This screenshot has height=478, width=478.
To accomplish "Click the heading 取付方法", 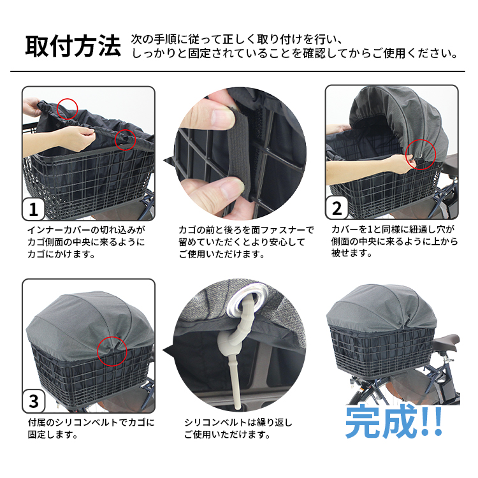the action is point(73,46).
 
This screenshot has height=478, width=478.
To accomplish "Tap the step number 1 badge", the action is point(34,210).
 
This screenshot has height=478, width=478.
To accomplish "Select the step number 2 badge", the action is point(337,208).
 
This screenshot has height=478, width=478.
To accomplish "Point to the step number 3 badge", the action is point(34,402).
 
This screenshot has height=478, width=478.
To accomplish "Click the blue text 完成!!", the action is point(394,421).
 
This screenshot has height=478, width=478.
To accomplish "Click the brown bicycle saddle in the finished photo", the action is point(445,342).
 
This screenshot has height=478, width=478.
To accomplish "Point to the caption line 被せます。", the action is point(351,253).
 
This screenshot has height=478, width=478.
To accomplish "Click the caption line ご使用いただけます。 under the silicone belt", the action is point(228,435).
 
